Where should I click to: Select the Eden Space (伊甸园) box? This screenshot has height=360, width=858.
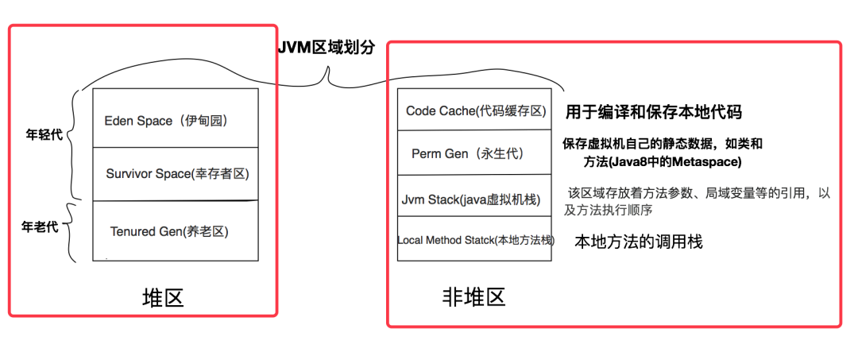pos(175,118)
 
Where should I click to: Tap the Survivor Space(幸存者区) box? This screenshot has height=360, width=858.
pos(175,173)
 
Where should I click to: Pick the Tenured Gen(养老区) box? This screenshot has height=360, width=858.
pos(175,231)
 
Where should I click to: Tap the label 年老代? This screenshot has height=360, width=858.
pos(39,226)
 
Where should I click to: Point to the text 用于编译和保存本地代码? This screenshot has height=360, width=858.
pos(653,111)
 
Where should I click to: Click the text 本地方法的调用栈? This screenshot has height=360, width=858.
pos(638,241)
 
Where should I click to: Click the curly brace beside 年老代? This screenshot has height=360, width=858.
pos(69,230)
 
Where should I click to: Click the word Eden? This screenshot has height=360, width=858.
pos(119,121)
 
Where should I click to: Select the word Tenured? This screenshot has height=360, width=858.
pos(133,231)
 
